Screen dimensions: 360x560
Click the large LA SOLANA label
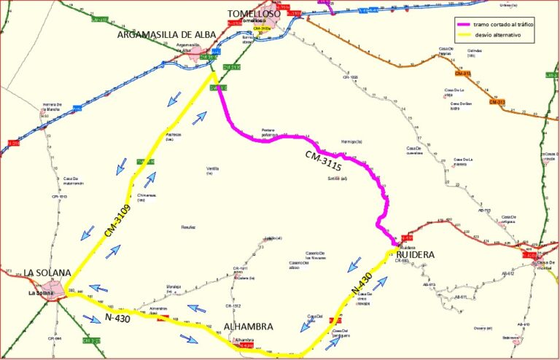pyautogui.click(x=48, y=273)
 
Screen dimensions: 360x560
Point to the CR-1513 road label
pyautogui.click(x=54, y=196)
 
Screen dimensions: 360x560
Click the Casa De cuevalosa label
pyautogui.click(x=415, y=150)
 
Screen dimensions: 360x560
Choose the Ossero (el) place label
pyautogui.click(x=481, y=327)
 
